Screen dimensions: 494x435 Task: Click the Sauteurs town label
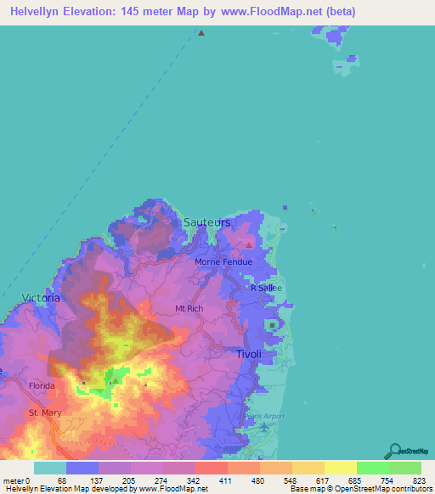tap(206, 222)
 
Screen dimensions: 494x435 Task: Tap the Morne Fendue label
tap(220, 261)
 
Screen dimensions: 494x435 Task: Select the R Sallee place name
tap(265, 288)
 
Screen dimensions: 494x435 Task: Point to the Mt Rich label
tap(189, 308)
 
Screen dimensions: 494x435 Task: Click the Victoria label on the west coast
tap(41, 299)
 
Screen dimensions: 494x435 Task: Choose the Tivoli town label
tap(249, 354)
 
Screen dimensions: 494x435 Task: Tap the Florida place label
tap(41, 385)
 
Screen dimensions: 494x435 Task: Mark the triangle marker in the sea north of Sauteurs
tap(201, 34)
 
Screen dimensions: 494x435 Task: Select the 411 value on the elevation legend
tap(227, 480)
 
